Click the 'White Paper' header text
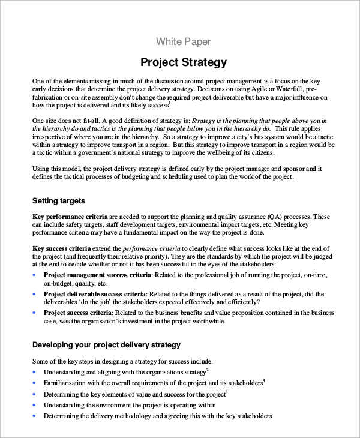pos(183,41)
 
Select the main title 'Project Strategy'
pos(183,62)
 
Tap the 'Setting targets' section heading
pos(58,200)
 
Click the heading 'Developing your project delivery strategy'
pos(106,345)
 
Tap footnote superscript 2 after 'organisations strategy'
pos(207,370)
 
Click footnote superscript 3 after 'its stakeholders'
pos(263,380)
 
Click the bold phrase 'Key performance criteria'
pos(70,216)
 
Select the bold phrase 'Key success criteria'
pos(61,248)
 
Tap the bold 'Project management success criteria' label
pos(97,274)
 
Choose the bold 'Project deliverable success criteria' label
pos(95,294)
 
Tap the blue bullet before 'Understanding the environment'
pos(35,405)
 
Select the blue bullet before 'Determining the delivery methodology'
pos(35,416)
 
